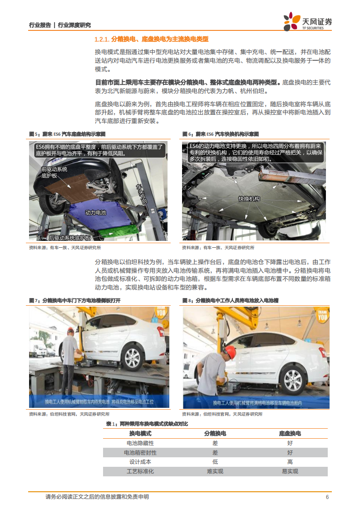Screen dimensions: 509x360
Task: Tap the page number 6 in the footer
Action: point(327,497)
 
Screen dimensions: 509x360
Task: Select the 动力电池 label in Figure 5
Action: point(95,212)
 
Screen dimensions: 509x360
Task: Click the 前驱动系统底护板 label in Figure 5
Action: point(54,172)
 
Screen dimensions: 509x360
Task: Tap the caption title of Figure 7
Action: point(75,300)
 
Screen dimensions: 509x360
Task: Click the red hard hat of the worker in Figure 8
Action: point(230,351)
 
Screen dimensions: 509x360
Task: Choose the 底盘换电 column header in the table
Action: point(290,433)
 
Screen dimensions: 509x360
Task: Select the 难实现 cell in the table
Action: point(215,471)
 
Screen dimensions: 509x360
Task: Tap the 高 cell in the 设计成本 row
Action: point(290,462)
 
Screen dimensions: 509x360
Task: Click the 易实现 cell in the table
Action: point(290,471)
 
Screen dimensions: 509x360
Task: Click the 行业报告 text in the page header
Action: point(40,25)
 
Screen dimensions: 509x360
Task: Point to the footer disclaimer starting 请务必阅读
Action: point(97,497)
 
